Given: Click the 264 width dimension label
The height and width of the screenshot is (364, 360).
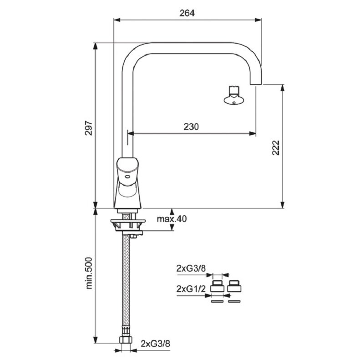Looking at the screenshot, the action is click(x=187, y=13).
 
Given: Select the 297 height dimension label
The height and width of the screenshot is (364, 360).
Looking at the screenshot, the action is click(x=89, y=128).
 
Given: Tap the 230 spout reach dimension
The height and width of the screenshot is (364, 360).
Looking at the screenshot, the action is click(x=191, y=127).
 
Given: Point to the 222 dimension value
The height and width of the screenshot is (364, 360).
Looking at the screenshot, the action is click(x=276, y=147).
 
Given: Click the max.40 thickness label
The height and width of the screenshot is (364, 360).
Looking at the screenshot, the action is click(x=172, y=219).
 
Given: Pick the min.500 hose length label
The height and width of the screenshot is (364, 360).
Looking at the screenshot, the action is click(x=89, y=273).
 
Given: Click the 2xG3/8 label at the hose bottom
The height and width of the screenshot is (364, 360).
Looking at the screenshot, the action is click(x=155, y=344).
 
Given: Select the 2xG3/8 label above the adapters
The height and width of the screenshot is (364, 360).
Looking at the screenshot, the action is click(x=191, y=268).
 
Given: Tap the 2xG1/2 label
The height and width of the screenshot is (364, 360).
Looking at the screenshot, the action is click(x=191, y=289).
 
